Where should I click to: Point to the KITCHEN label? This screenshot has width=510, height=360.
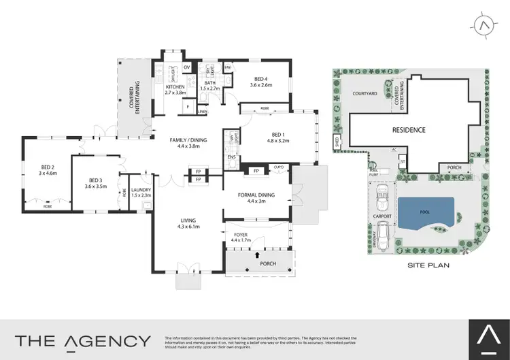(175, 88)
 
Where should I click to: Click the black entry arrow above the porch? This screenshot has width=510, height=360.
(257, 256)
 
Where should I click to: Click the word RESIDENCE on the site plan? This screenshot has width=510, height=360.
(408, 129)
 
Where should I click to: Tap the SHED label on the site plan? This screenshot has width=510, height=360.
(336, 142)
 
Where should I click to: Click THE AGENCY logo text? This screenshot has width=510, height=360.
(83, 341)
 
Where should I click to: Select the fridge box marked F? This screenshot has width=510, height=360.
(188, 107)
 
